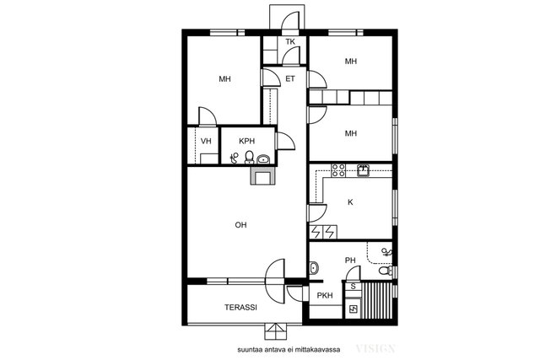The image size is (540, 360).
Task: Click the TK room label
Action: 290,41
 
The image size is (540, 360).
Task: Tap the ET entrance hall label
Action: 290,78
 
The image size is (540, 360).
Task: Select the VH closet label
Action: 206,141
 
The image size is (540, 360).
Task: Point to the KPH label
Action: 247,141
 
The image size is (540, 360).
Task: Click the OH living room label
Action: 240,225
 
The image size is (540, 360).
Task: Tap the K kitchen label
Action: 350,202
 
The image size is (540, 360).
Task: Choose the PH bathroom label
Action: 350,261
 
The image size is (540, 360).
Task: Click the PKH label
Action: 325,295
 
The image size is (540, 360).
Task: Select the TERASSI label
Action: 240,308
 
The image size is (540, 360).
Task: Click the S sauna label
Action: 353,287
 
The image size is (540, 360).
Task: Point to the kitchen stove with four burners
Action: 338,170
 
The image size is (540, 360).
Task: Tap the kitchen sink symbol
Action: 363,170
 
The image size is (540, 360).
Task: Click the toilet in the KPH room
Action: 250,158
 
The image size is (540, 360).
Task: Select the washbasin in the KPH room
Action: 263,159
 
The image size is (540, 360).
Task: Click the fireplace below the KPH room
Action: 263,175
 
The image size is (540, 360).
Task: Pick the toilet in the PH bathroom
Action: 386,271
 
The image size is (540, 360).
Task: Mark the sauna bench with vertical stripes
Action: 377,300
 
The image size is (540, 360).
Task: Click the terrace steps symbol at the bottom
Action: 275,331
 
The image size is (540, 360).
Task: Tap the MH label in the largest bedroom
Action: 225,78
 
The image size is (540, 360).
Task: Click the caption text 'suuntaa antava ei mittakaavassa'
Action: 289,350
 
